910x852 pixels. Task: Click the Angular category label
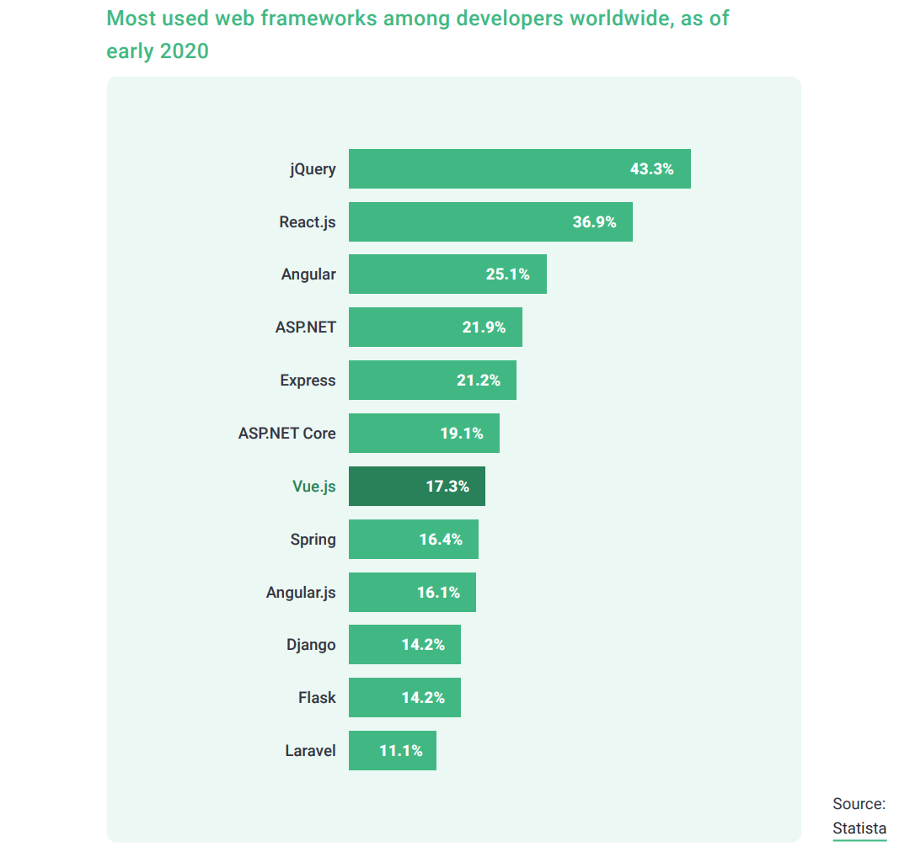pyautogui.click(x=308, y=274)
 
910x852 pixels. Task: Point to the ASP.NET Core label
pyautogui.click(x=286, y=434)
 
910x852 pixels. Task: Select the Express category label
pyautogui.click(x=308, y=381)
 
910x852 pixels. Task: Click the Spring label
pyautogui.click(x=313, y=539)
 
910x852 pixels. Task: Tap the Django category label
pyautogui.click(x=311, y=645)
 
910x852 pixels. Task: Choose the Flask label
pyautogui.click(x=317, y=697)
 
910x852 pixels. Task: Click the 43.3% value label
pyautogui.click(x=651, y=168)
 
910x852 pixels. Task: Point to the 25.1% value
pyautogui.click(x=507, y=274)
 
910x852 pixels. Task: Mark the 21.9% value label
pyautogui.click(x=484, y=327)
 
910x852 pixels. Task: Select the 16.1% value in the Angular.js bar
pyautogui.click(x=438, y=592)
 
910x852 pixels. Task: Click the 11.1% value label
pyautogui.click(x=400, y=750)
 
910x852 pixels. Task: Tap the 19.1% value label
pyautogui.click(x=461, y=434)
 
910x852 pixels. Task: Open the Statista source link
pyautogui.click(x=859, y=828)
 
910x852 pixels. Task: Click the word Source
pyautogui.click(x=859, y=803)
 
